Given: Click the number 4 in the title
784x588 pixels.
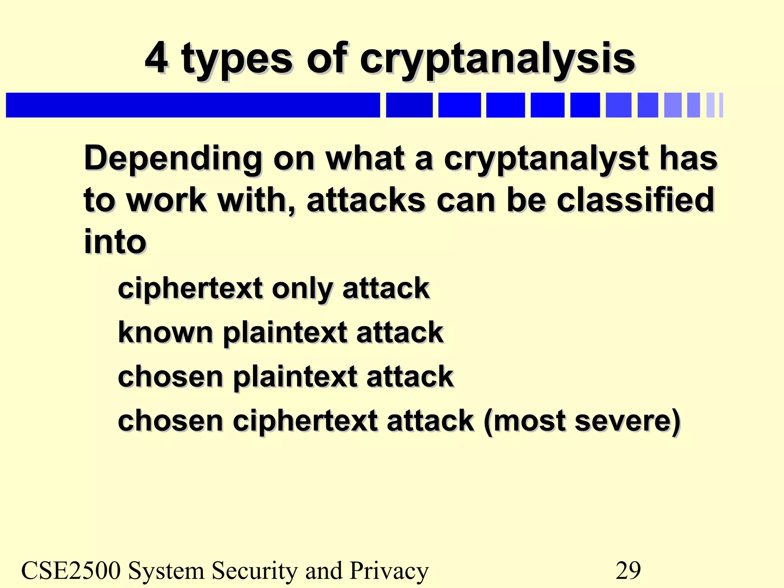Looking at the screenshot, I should (157, 58).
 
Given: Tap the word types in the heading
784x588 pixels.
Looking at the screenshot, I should (237, 60).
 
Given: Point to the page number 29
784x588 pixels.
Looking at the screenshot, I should (628, 570).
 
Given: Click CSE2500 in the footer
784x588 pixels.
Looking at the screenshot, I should (71, 570).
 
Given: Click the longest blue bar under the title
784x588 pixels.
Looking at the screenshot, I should (193, 105).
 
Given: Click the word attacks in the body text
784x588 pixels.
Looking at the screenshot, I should (366, 201).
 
